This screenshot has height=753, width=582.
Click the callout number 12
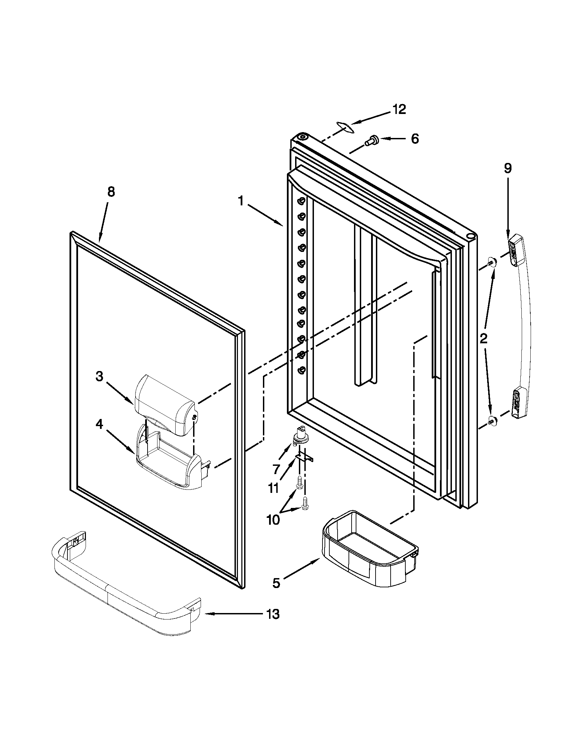point(399,109)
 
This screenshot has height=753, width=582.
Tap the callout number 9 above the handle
point(508,168)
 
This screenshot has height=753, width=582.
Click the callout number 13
point(273,614)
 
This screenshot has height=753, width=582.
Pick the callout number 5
point(276,583)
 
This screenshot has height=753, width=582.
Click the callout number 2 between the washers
point(484,339)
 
